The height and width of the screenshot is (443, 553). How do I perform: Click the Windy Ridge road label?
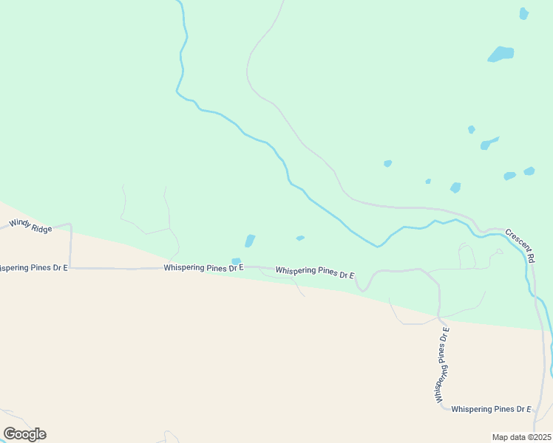[x=30, y=226]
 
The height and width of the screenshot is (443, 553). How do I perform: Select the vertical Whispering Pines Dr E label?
[x=443, y=365]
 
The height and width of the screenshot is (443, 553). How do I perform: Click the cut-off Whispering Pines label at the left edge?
[x=33, y=267]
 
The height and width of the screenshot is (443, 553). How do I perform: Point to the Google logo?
[x=24, y=434]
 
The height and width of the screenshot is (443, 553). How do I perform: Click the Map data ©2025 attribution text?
[x=522, y=437]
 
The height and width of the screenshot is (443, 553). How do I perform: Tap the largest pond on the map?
[x=501, y=54]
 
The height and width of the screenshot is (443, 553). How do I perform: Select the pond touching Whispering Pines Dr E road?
[x=236, y=261]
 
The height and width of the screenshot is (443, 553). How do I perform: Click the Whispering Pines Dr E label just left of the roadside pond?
[x=204, y=268]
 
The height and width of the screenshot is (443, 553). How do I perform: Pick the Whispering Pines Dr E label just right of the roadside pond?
[x=315, y=272]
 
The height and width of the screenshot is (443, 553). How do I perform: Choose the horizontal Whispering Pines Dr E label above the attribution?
[x=491, y=409]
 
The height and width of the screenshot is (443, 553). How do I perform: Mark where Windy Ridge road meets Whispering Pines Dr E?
[x=71, y=268]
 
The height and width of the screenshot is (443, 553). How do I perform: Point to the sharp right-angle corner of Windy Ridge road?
[x=70, y=224]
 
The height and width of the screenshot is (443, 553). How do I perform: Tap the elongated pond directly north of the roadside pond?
[x=250, y=241]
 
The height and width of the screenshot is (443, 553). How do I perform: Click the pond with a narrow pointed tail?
[x=488, y=143]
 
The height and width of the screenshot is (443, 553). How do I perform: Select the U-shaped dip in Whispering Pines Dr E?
[x=363, y=285]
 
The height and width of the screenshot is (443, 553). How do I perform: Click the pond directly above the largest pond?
[x=524, y=13]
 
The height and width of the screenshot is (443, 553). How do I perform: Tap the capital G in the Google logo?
[x=10, y=434]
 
